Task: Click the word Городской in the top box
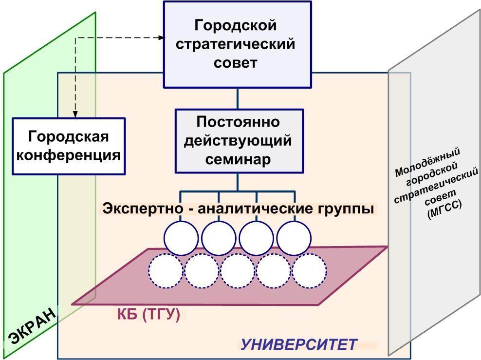pyautogui.click(x=235, y=25)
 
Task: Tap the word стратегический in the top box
pyautogui.click(x=235, y=44)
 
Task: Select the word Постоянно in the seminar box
pyautogui.click(x=238, y=122)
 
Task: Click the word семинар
pyautogui.click(x=238, y=159)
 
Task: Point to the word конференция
pyautogui.click(x=68, y=155)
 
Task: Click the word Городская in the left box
pyautogui.click(x=68, y=136)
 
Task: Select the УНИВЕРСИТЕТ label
pyautogui.click(x=299, y=344)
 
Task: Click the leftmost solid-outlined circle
pyautogui.click(x=181, y=238)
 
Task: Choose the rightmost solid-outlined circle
pyautogui.click(x=294, y=238)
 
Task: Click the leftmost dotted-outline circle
pyautogui.click(x=166, y=271)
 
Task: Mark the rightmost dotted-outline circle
pyautogui.click(x=309, y=271)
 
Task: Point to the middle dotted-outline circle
pyautogui.click(x=238, y=271)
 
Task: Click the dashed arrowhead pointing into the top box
pyautogui.click(x=162, y=38)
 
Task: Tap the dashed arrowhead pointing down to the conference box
pyautogui.click(x=75, y=114)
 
